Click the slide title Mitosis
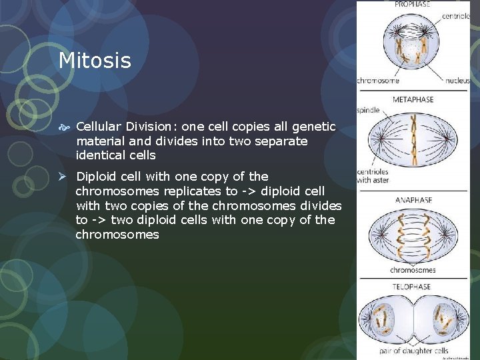tap(95, 61)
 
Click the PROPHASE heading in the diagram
tap(413, 4)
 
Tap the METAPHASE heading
tap(413, 99)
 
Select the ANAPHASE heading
tap(413, 199)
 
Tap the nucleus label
tap(457, 81)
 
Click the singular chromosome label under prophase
tap(378, 81)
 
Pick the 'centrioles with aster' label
tap(373, 175)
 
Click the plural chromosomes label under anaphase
tap(413, 270)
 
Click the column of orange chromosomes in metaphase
tap(413, 143)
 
